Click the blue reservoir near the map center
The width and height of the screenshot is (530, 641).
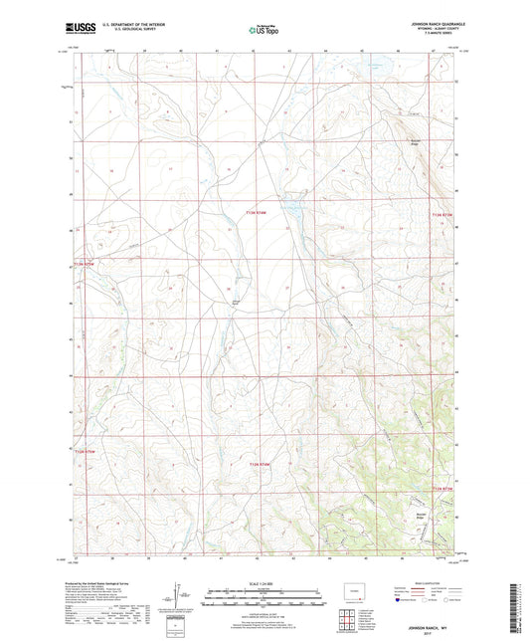(x=292, y=211)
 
